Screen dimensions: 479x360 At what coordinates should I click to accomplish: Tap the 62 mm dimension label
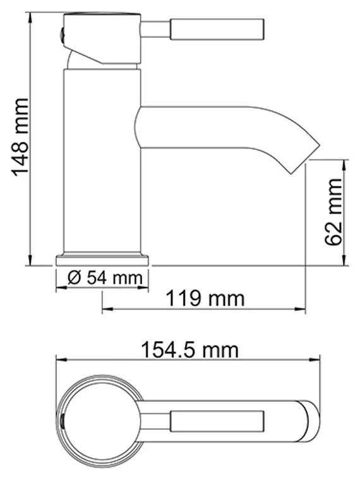click(333, 212)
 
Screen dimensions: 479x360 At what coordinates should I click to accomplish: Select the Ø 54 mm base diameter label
click(102, 277)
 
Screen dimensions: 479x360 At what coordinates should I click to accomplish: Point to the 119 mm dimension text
click(205, 297)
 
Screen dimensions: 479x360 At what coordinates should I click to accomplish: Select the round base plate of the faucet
click(102, 259)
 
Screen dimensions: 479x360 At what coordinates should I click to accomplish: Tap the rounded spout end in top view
click(313, 419)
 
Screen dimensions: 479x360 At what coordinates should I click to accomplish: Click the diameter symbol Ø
click(72, 277)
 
